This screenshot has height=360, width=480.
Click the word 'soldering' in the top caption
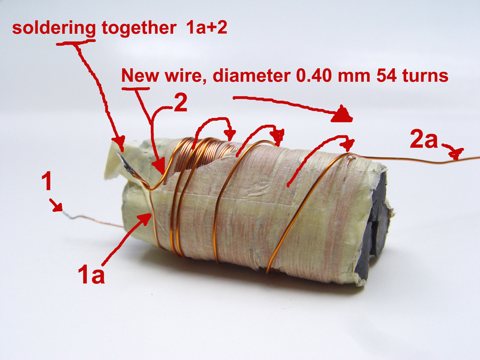coord(54,29)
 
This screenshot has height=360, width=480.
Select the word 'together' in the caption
coord(139,28)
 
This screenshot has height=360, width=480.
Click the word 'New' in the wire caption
coord(140,75)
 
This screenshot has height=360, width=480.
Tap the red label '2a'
coord(424,140)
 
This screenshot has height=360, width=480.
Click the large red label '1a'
coord(91,274)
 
